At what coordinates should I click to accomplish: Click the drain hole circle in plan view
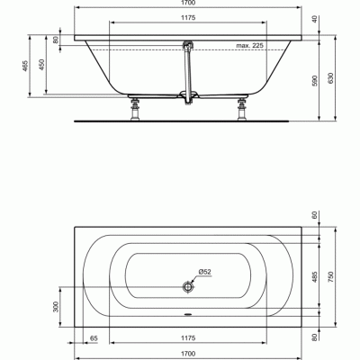pos(188,287)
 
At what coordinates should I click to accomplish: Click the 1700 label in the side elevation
pos(188,4)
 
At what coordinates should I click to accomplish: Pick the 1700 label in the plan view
pos(188,353)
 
